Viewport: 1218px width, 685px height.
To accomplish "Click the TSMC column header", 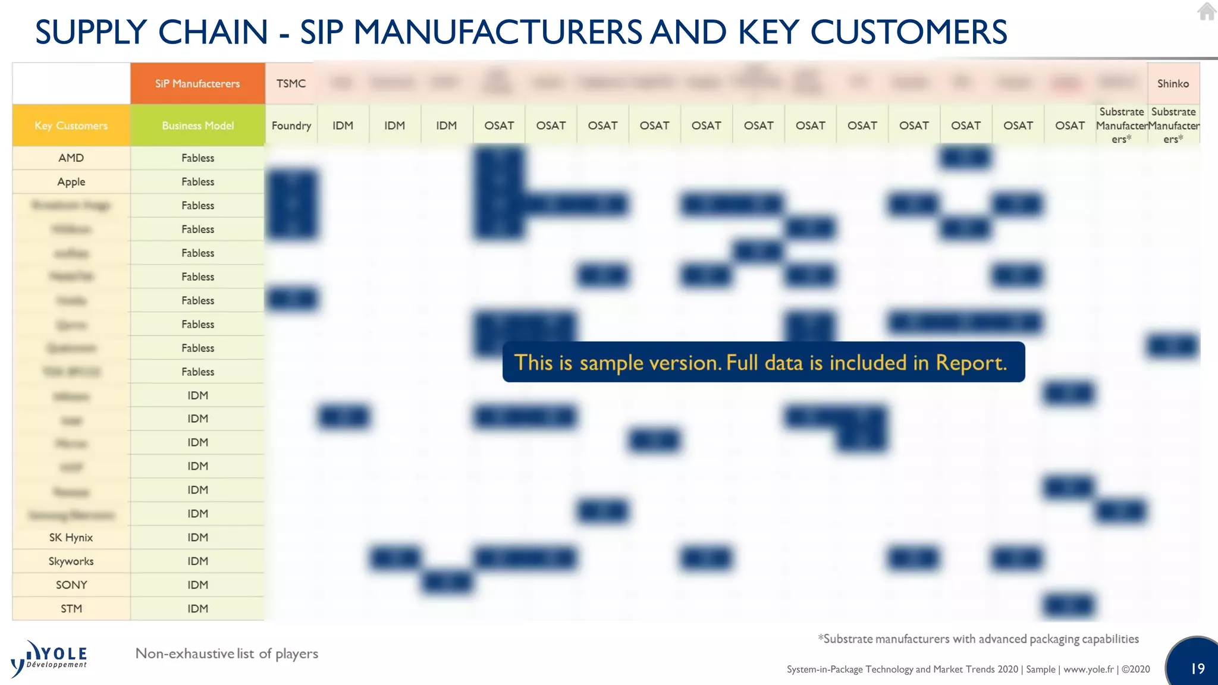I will coord(291,84).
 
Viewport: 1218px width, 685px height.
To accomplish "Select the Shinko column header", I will coord(1173,84).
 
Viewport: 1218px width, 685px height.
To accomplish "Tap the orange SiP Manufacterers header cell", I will coord(197,84).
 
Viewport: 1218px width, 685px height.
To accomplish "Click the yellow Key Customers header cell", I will coord(71,125).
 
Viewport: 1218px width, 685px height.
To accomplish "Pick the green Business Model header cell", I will coord(197,125).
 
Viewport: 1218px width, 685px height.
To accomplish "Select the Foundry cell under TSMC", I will coord(291,125).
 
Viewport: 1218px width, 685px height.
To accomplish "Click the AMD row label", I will coord(71,158).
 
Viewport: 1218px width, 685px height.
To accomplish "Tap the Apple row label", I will coord(71,182).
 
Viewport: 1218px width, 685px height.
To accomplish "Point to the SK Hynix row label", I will coord(71,538).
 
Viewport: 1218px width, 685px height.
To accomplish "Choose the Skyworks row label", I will coord(71,561).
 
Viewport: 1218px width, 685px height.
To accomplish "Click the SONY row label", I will coord(71,585).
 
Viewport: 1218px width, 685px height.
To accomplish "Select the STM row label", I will coord(71,609).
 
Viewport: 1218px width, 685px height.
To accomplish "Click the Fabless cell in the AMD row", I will coord(197,158).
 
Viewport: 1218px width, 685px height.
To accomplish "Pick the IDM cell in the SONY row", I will coord(197,585).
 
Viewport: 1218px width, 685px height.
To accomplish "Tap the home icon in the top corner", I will coord(1207,11).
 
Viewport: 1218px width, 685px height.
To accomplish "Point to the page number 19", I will coord(1197,669).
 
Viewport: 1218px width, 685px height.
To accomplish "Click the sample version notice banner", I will coord(763,362).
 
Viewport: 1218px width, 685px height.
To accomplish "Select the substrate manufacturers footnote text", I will coord(978,639).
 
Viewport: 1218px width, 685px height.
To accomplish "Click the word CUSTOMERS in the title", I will coord(908,32).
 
